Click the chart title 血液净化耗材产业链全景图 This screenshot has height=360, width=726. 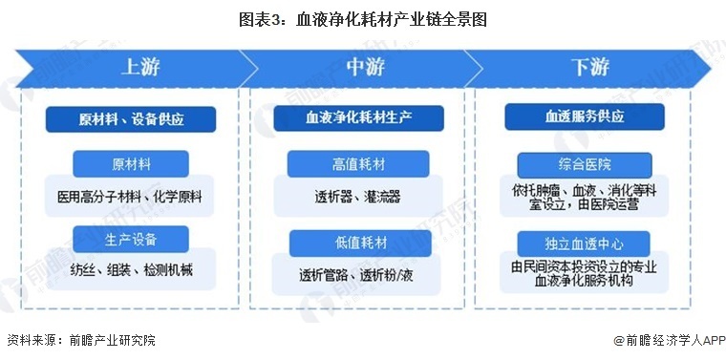pos(362,18)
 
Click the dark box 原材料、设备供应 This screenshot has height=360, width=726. pos(131,119)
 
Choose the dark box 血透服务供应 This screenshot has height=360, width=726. pos(585,116)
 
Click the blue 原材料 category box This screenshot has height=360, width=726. pos(131,164)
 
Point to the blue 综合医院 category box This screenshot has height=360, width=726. pos(585,164)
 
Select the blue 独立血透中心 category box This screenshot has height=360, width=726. pos(585,241)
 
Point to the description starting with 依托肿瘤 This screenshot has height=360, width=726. pos(585,196)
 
